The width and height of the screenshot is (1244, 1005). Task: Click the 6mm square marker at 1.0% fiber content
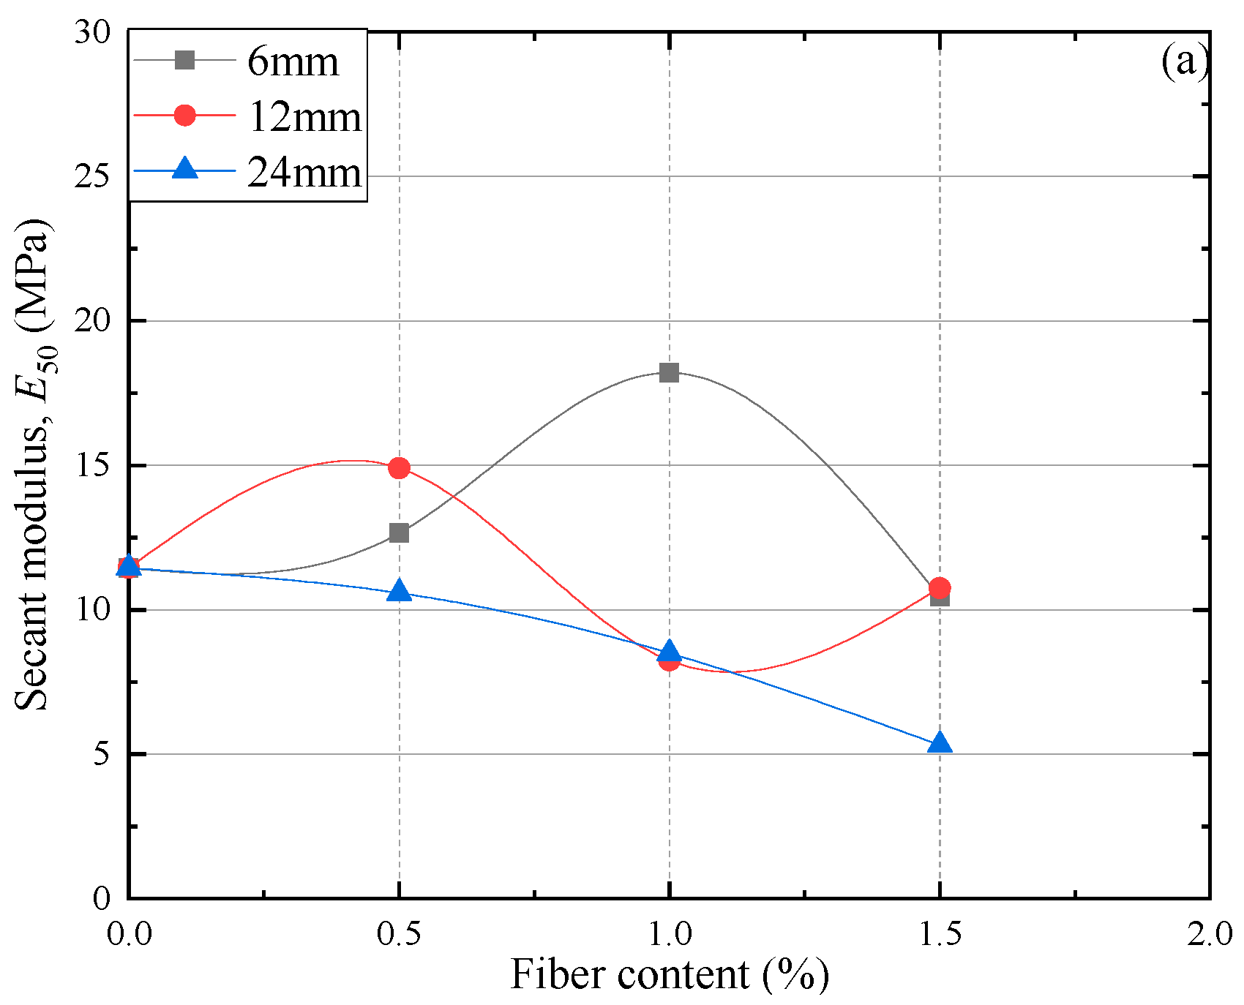[669, 373]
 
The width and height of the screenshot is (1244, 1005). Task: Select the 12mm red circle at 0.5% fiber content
[399, 467]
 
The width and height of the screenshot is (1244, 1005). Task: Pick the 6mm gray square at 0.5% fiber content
[399, 532]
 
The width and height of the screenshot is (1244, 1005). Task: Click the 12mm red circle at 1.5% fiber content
[940, 587]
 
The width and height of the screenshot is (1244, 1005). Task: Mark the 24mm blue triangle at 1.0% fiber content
[669, 652]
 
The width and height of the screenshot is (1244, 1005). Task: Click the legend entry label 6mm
[293, 61]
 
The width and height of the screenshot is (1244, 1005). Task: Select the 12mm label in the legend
[304, 117]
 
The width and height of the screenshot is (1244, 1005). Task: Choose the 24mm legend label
[304, 173]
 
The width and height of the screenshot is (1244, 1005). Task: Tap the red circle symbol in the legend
[186, 116]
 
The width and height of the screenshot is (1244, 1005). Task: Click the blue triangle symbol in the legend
[186, 170]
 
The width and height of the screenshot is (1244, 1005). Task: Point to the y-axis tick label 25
[91, 176]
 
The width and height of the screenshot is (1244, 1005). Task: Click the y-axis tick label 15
[91, 465]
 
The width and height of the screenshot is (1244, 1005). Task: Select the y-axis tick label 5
[100, 754]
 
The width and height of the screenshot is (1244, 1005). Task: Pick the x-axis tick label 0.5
[399, 935]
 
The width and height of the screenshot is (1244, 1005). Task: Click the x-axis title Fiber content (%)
[669, 975]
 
